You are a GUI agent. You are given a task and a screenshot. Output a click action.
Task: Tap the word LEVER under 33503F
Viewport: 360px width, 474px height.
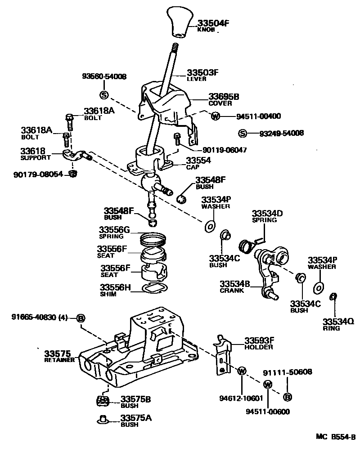197,79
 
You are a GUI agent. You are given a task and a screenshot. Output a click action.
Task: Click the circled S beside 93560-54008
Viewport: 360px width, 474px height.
103,94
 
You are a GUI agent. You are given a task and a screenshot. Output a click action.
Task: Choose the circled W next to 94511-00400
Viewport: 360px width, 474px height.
215,116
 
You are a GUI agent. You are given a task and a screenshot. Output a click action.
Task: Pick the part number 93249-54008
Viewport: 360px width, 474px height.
281,133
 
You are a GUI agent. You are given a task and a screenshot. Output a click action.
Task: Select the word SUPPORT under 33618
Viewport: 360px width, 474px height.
36,158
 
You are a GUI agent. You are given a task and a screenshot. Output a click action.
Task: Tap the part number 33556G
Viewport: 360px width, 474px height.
114,230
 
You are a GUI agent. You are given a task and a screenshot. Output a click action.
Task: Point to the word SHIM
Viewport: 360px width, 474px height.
108,294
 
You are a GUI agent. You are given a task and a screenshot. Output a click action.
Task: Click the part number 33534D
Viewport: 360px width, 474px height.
267,213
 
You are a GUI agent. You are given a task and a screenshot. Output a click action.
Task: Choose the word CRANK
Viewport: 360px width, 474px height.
232,291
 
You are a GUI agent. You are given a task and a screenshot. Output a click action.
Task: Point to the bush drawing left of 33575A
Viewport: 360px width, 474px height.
103,420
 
